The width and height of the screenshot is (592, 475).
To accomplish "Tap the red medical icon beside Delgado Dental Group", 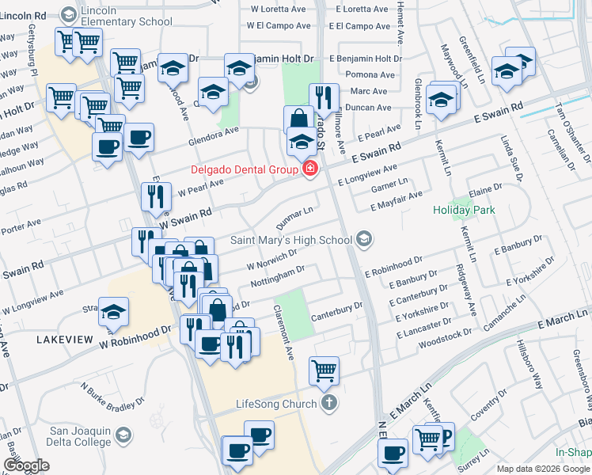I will click(310, 169).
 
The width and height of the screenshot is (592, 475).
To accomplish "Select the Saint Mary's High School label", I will click(291, 239).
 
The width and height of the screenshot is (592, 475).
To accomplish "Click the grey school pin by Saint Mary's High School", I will click(364, 238).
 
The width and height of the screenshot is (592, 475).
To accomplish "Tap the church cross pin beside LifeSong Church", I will click(329, 404).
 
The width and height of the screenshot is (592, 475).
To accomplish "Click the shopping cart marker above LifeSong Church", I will click(324, 370).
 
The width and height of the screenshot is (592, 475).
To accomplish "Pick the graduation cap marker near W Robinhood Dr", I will click(114, 312).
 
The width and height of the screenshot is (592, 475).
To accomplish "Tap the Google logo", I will click(26, 466).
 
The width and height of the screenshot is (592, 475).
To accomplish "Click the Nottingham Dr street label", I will click(277, 276).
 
